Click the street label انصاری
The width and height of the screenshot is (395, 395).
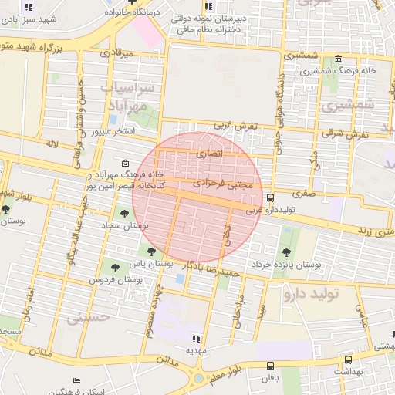click(x=209, y=154)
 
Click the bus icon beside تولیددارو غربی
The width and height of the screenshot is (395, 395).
click(x=269, y=198)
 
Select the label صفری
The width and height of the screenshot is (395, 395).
click(x=303, y=195)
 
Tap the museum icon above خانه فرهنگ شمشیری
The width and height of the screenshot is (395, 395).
click(x=339, y=59)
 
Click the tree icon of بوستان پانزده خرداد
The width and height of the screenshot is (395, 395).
click(x=286, y=252)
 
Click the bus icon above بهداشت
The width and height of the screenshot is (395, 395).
click(x=348, y=360)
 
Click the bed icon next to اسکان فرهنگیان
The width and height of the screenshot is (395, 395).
click(x=76, y=381)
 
